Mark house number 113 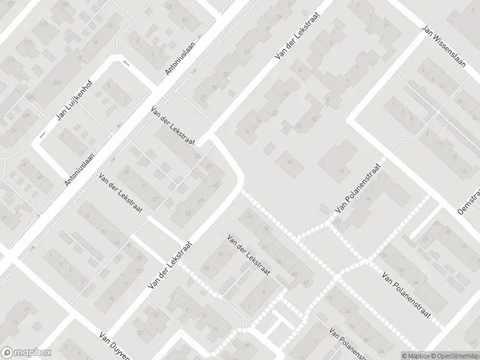pyautogui.click(x=43, y=25)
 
